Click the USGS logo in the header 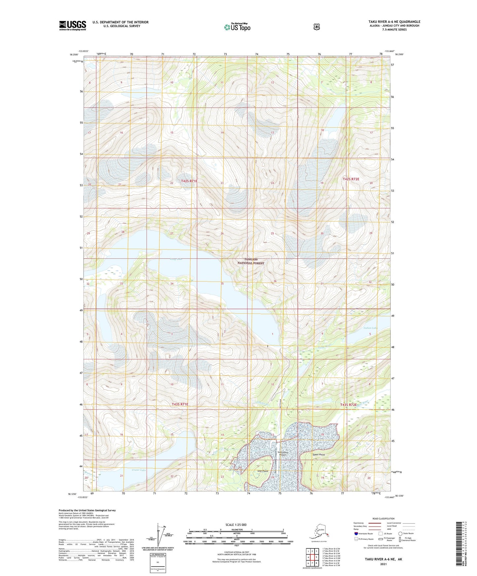pyautogui.click(x=72, y=25)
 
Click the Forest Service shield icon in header pyautogui.click(x=316, y=27)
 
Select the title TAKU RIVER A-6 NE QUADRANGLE pyautogui.click(x=394, y=22)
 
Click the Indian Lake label pyautogui.click(x=370, y=328)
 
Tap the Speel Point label pyautogui.click(x=319, y=455)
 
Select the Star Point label pyautogui.click(x=263, y=471)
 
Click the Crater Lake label pyautogui.click(x=139, y=470)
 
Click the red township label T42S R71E pyautogui.click(x=189, y=181)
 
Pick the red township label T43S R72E pyautogui.click(x=349, y=404)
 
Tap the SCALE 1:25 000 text pyautogui.click(x=236, y=525)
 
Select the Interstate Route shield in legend pyautogui.click(x=356, y=533)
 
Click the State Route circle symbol pyautogui.click(x=400, y=533)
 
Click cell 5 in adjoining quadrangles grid pyautogui.click(x=316, y=557)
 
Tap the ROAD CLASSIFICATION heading pyautogui.click(x=383, y=519)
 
